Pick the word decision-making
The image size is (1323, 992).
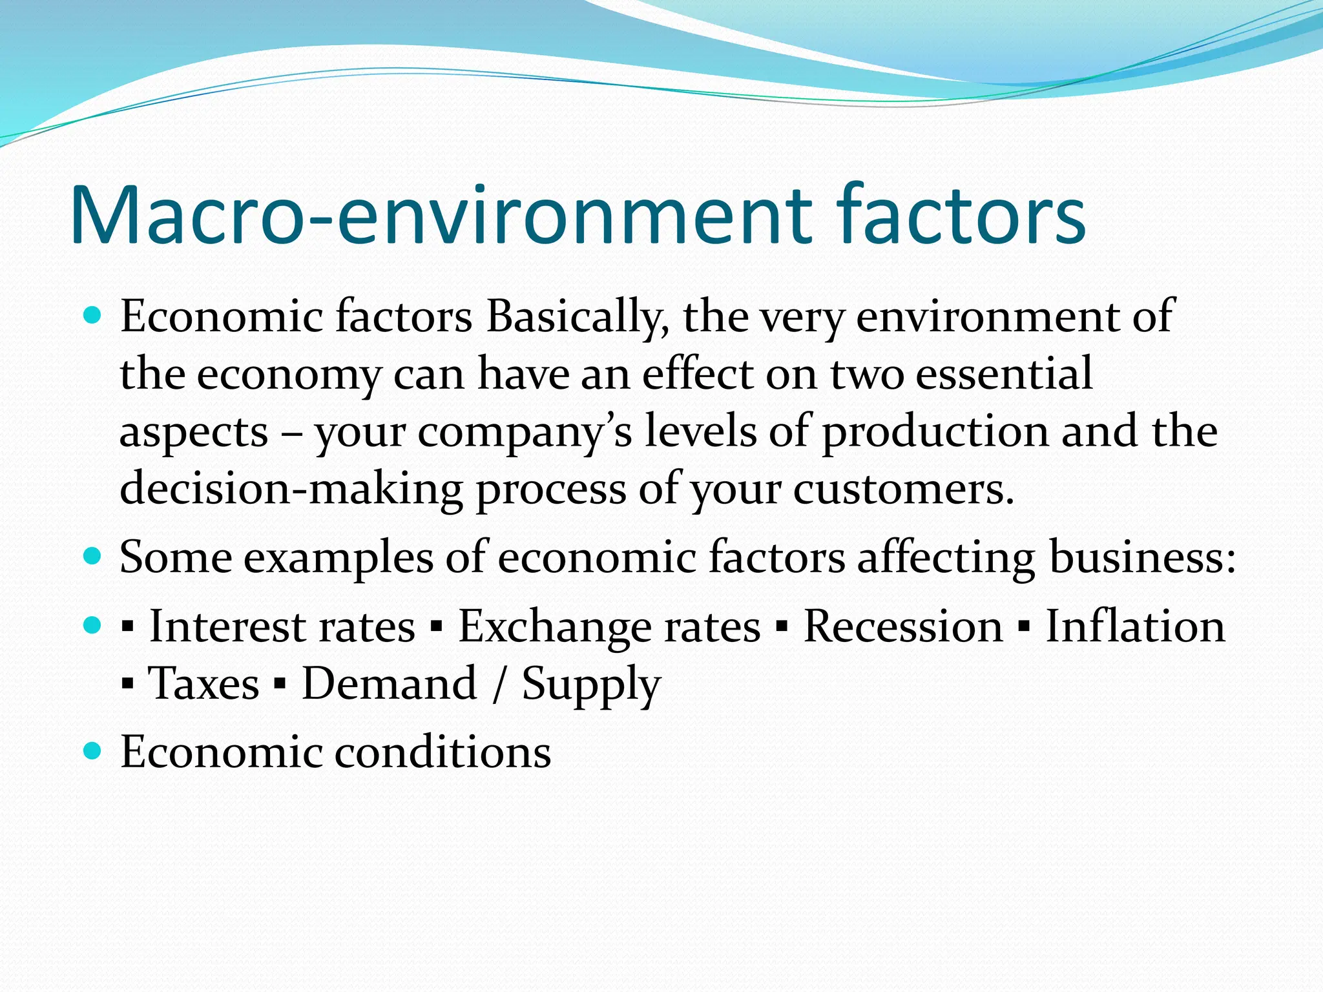point(291,489)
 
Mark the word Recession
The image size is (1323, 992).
point(902,626)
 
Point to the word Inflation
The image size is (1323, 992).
point(1135,626)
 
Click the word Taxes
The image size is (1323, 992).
point(203,683)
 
